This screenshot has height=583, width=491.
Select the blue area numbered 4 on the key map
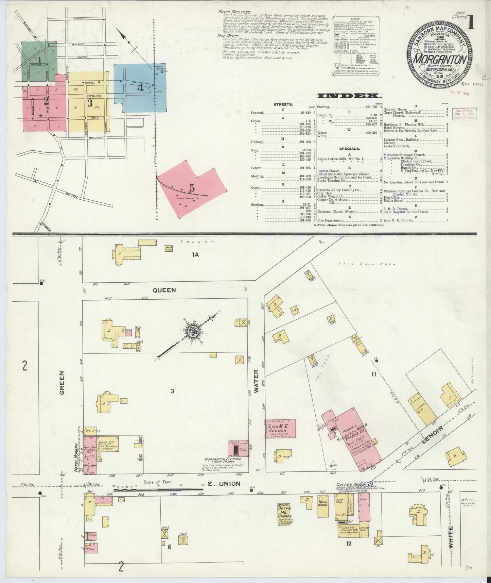[x=140, y=87]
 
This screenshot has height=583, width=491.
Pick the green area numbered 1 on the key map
[x=39, y=60]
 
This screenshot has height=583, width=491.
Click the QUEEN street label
[x=164, y=290]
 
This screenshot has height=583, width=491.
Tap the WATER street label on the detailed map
[x=256, y=381]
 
